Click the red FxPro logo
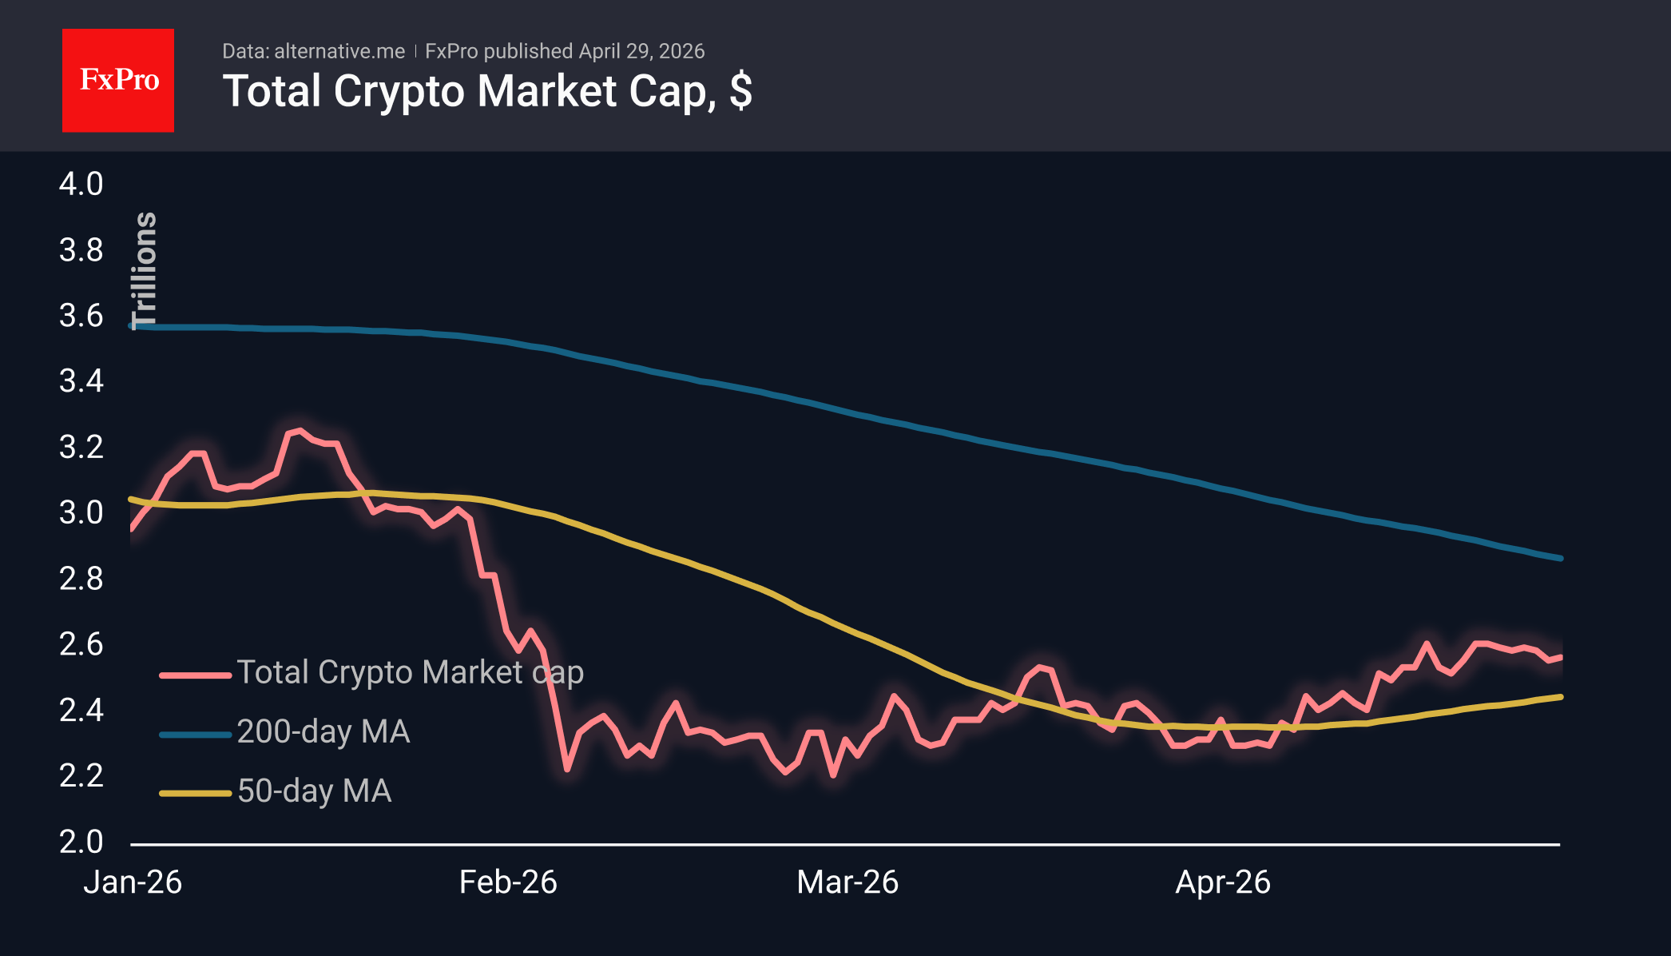(118, 80)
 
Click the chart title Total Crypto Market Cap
(486, 91)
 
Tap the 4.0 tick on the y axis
(81, 184)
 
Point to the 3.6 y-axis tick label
(81, 316)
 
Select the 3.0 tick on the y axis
(81, 512)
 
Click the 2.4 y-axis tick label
(81, 710)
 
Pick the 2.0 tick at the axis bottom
(81, 841)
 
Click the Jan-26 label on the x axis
(133, 882)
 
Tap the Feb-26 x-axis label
(508, 882)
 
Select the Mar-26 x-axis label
(847, 882)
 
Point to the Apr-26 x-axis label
(1223, 882)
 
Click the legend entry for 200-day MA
(323, 731)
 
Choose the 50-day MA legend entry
(314, 791)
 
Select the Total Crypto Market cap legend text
(410, 672)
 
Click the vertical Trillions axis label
(145, 270)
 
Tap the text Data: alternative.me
(313, 51)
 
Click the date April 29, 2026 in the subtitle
(641, 51)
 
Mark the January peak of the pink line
(299, 431)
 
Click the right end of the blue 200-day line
(1560, 558)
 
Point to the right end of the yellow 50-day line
(1560, 697)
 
